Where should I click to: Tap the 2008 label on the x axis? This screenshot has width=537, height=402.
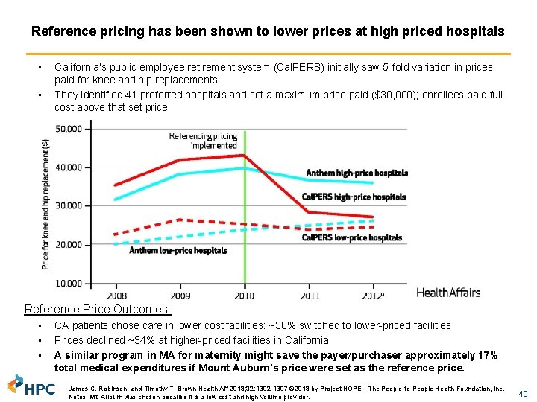click(x=116, y=296)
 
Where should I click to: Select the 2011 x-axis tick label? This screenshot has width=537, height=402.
click(x=310, y=296)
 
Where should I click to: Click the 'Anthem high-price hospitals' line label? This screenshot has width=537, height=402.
click(x=357, y=173)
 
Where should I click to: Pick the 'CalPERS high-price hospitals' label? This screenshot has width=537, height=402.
click(x=354, y=197)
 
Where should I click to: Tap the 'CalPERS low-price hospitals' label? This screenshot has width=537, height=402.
click(x=352, y=238)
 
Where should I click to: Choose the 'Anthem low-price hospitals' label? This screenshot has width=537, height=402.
click(x=178, y=251)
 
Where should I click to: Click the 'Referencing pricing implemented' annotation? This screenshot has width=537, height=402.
click(x=203, y=141)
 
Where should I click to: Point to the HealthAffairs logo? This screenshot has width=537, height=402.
click(x=448, y=293)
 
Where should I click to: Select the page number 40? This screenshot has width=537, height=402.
click(x=522, y=393)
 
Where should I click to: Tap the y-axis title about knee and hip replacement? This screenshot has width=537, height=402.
click(x=46, y=205)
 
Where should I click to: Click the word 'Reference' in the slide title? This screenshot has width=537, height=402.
click(x=58, y=32)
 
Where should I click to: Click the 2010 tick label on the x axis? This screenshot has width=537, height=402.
click(x=245, y=296)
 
